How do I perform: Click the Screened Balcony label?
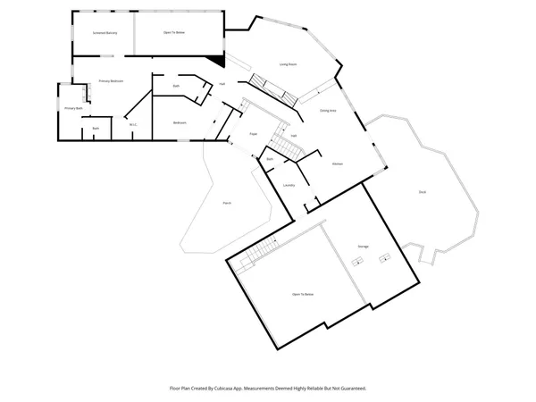pos(105,33)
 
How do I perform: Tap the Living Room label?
pos(288,64)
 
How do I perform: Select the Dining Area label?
pos(328,110)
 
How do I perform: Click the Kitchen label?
pos(338,163)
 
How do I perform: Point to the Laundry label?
pos(289,185)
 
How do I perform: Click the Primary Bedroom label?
pos(111,81)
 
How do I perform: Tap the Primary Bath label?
pos(73,108)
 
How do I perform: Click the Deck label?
pos(422,192)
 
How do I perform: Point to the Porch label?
pos(227,203)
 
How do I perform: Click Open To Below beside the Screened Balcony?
pos(174,33)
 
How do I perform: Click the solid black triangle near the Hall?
pos(216,61)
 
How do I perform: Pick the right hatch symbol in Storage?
pos(386,258)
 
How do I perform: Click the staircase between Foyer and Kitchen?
pos(284,144)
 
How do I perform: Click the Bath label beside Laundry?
pos(270,158)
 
